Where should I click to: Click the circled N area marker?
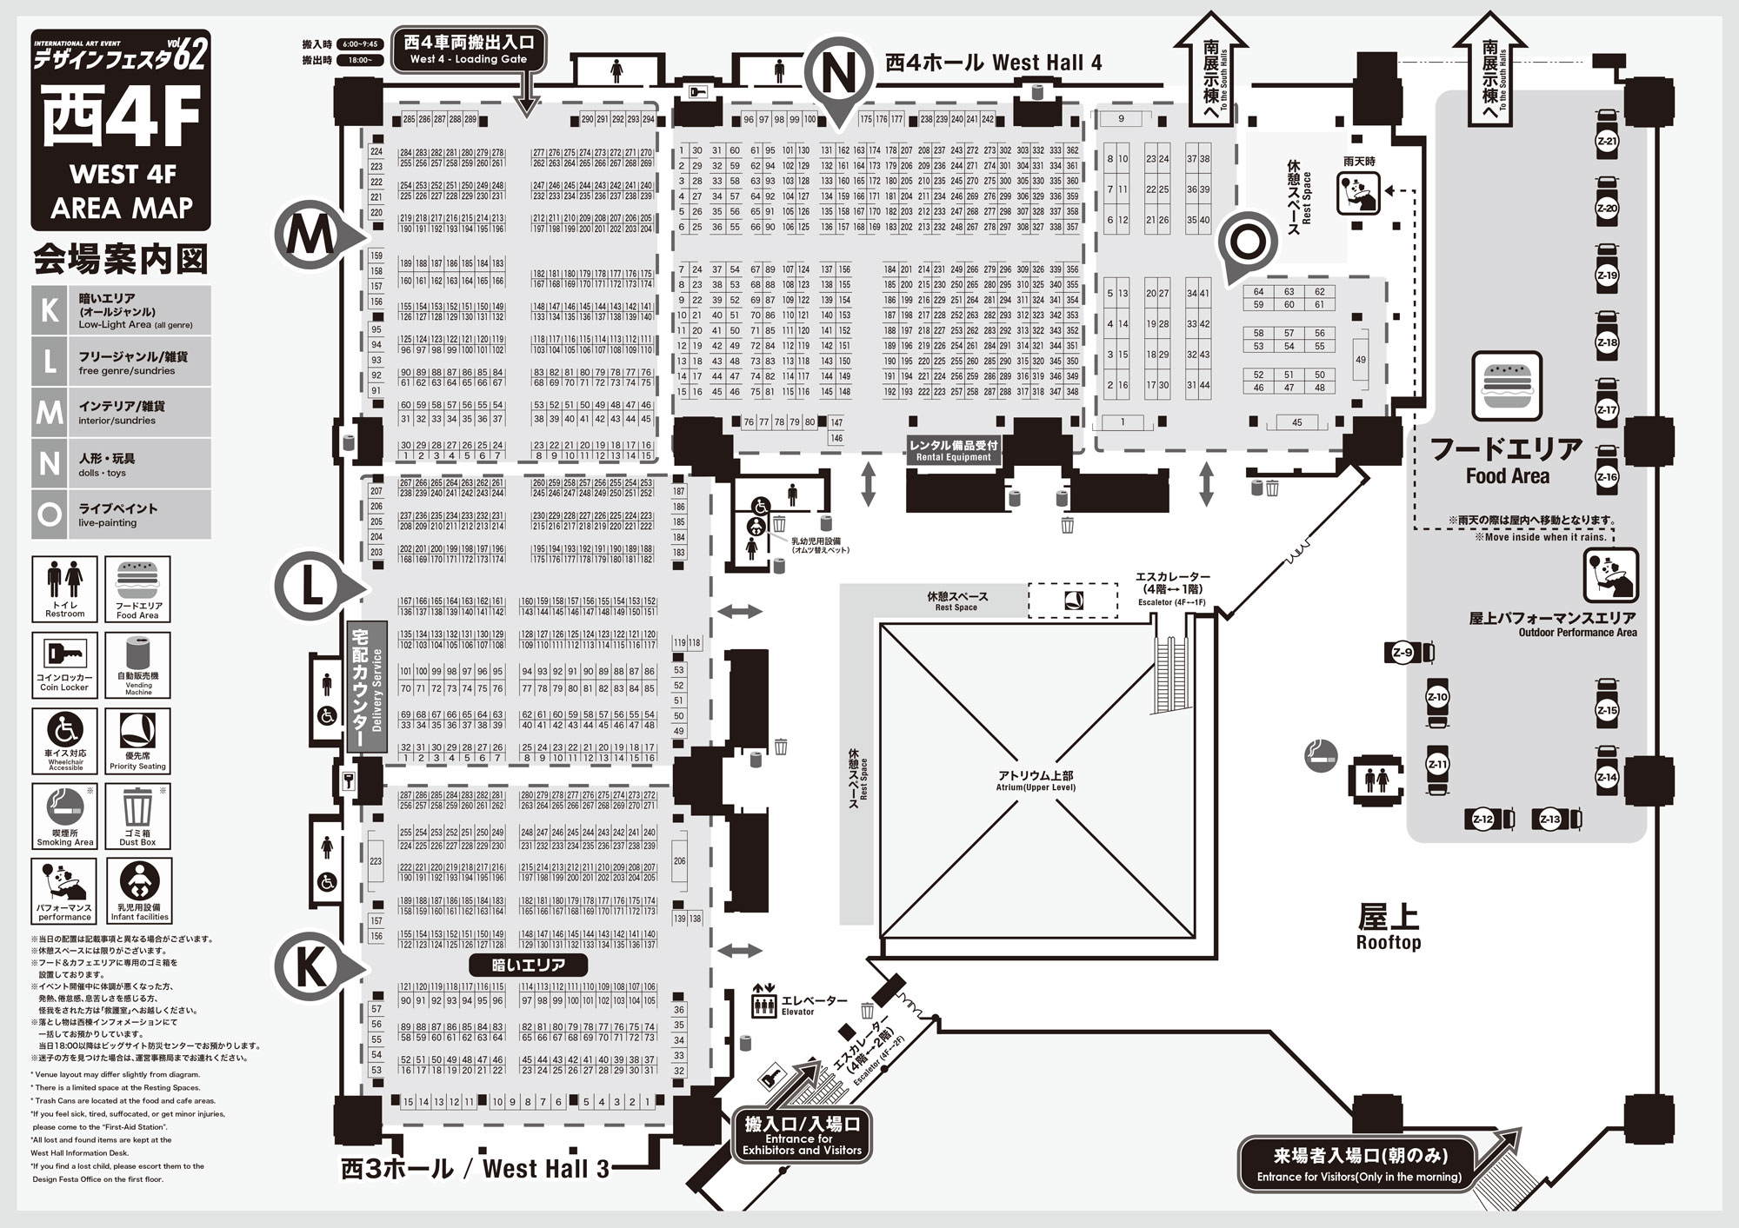pyautogui.click(x=838, y=76)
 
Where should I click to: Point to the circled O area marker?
pyautogui.click(x=1247, y=243)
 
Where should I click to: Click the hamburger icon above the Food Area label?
pyautogui.click(x=1506, y=386)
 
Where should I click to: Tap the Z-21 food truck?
pyautogui.click(x=1607, y=142)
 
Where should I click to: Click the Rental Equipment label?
pyautogui.click(x=953, y=449)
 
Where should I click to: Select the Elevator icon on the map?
pyautogui.click(x=763, y=1004)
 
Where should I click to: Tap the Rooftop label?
pyautogui.click(x=1388, y=928)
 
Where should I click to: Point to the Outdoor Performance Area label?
pyautogui.click(x=1551, y=624)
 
